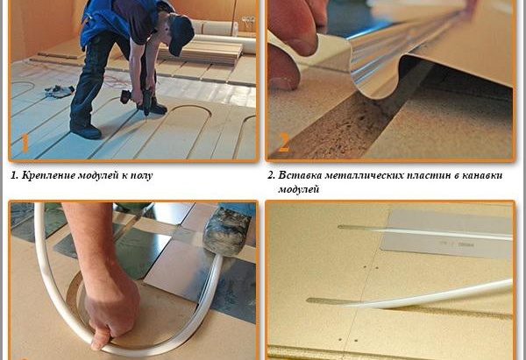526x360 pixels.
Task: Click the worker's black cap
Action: (x=181, y=35)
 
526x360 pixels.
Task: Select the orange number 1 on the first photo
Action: (x=25, y=143)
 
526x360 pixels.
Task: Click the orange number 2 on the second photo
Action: (x=283, y=143)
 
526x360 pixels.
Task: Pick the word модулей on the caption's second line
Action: (x=298, y=189)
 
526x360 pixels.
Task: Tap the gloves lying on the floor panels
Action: (x=60, y=91)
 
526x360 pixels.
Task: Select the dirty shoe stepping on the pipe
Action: (x=228, y=231)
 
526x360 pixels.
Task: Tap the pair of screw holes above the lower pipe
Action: (x=371, y=268)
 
